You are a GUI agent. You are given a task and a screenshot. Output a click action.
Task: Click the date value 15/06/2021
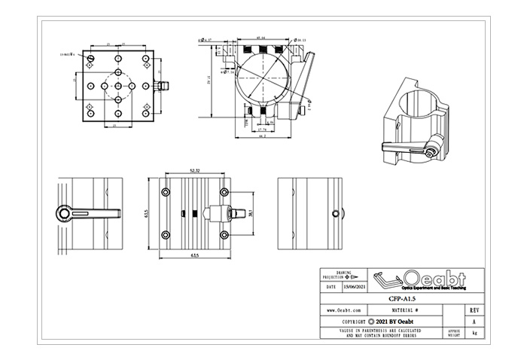[355, 287]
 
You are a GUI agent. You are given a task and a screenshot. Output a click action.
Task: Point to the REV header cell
[473, 310]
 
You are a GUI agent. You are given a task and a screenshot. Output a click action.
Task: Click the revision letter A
[473, 321]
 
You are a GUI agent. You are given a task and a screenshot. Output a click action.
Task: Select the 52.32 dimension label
[194, 172]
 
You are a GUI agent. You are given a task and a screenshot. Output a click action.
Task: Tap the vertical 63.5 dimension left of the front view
[148, 214]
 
